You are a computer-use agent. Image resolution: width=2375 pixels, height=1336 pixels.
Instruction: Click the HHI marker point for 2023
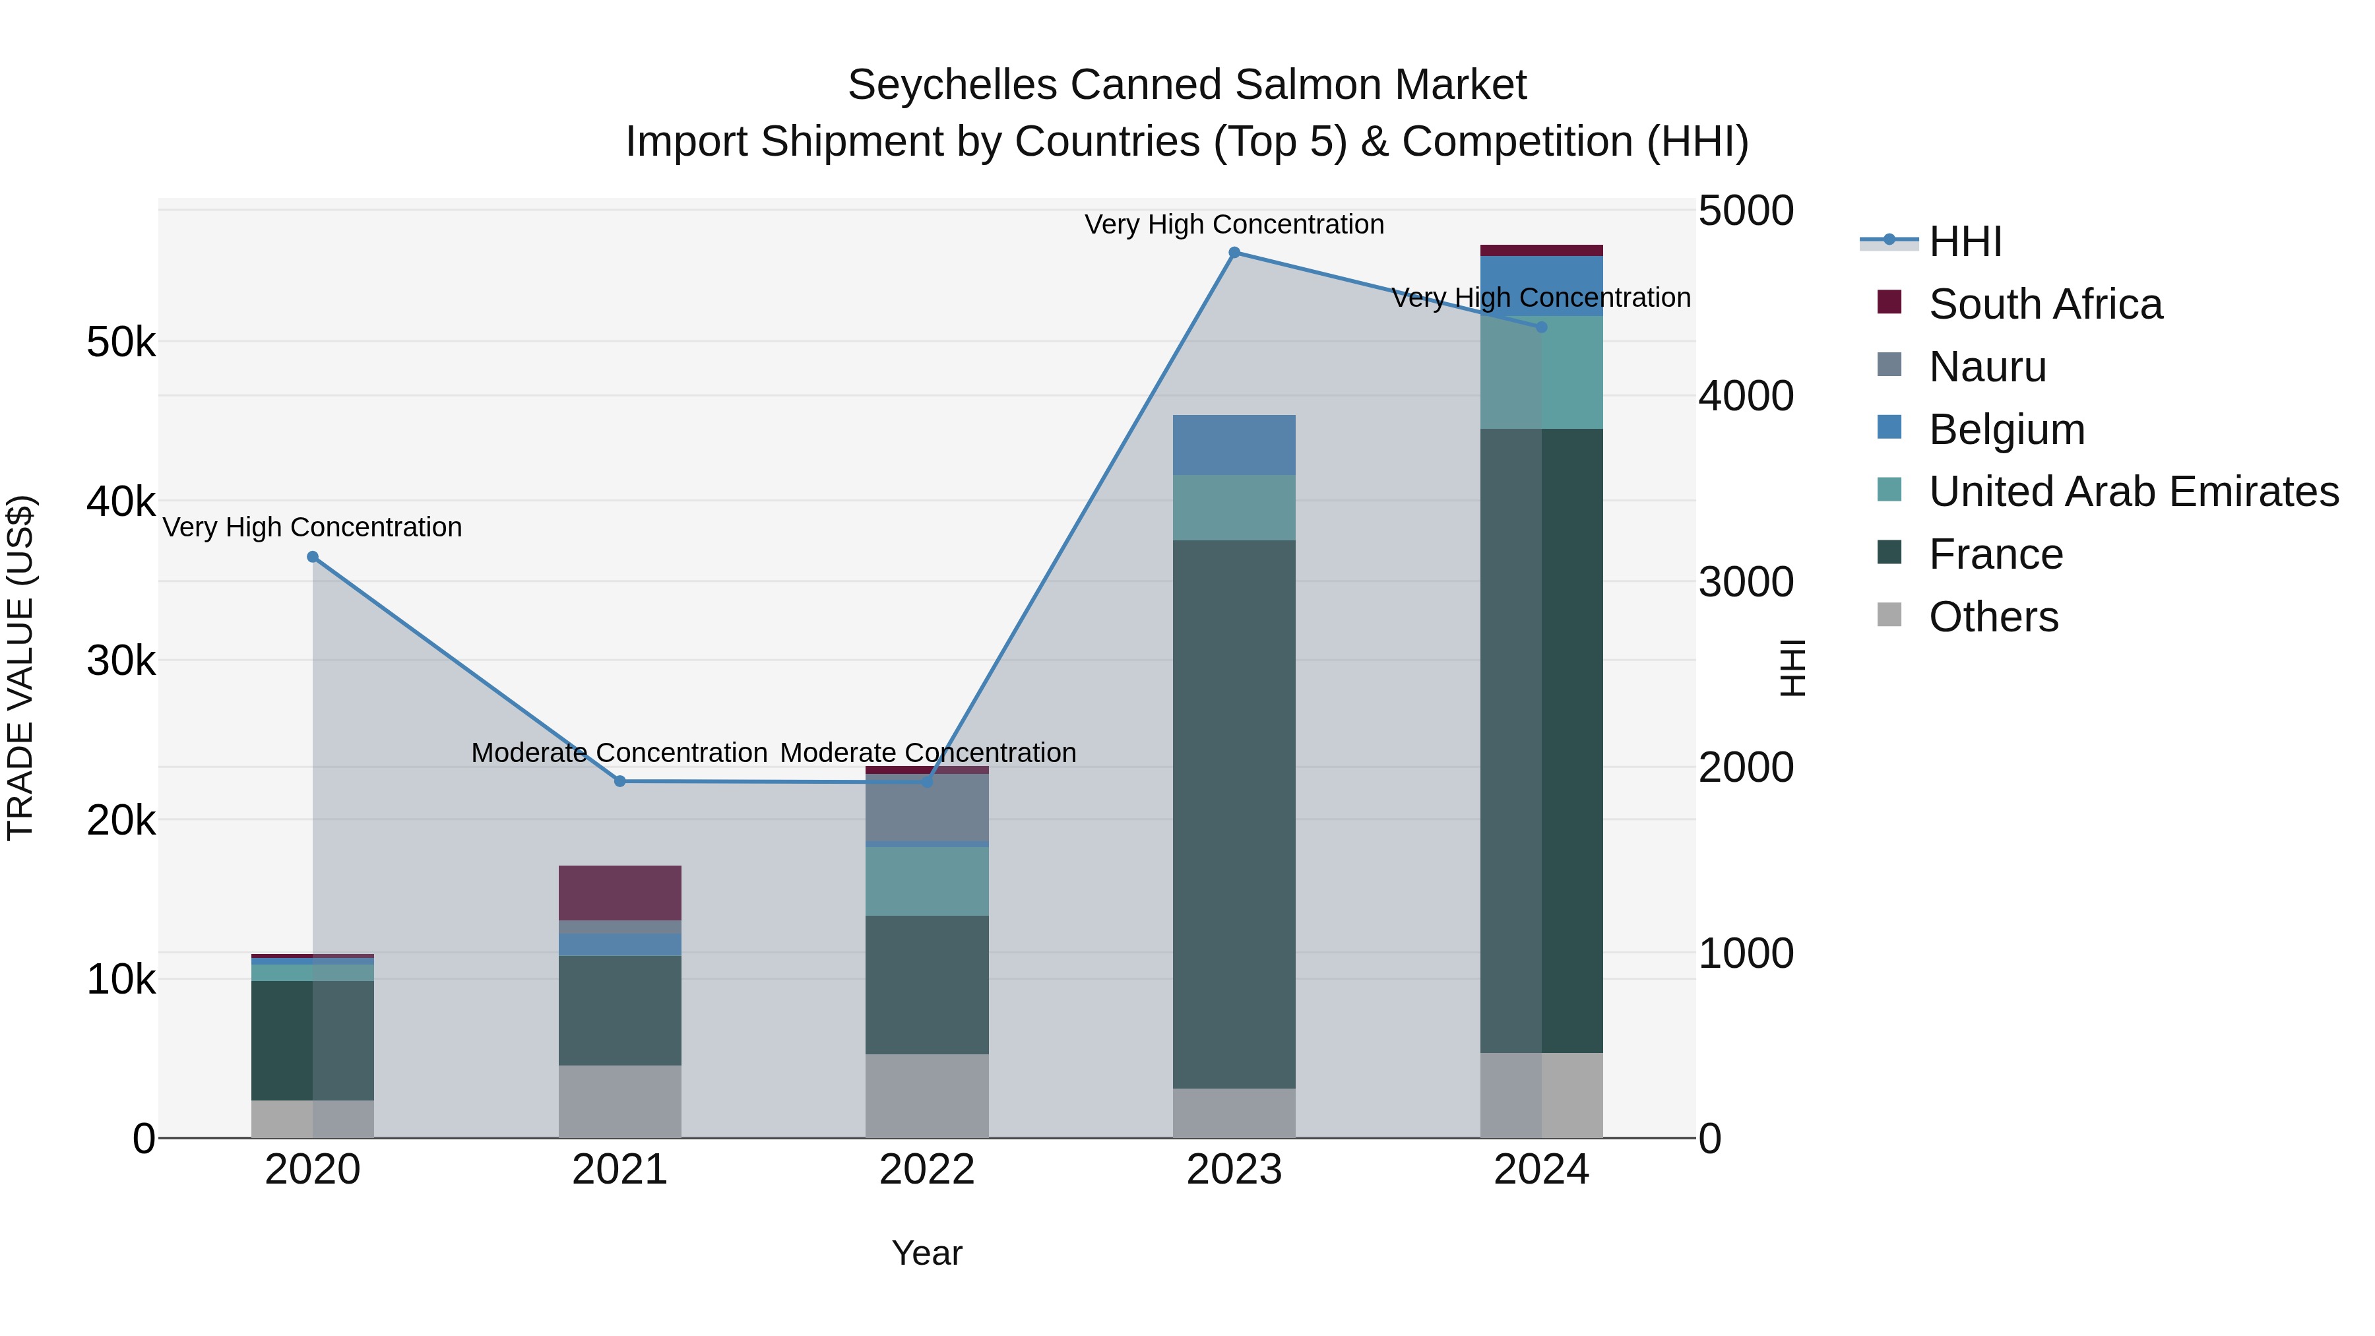[1234, 253]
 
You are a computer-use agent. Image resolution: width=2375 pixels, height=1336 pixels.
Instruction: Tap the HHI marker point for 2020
[313, 557]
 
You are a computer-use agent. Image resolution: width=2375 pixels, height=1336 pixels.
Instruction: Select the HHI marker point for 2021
[619, 781]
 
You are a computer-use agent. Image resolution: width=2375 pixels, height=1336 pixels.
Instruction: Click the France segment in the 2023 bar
[1234, 813]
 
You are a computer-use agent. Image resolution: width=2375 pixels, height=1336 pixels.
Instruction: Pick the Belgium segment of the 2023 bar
[1234, 445]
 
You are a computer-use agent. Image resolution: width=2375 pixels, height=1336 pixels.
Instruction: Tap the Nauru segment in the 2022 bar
[927, 807]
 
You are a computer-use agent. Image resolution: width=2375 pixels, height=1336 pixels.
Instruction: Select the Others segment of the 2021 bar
[619, 1101]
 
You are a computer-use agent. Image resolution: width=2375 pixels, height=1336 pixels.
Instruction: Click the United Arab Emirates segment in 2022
[927, 881]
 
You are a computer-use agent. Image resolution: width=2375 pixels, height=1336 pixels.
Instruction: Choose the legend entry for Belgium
[2006, 429]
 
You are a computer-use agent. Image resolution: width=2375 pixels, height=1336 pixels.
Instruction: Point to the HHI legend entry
[1964, 241]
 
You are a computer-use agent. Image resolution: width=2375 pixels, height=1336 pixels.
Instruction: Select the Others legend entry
[1992, 617]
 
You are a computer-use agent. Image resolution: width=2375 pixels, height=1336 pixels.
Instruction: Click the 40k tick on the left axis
[121, 503]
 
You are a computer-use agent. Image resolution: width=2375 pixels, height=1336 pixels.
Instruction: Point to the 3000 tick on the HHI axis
[1745, 582]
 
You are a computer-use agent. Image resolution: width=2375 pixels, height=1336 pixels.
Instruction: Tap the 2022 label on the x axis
[927, 1170]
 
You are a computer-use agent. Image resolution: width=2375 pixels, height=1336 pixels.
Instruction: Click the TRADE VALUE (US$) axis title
[21, 668]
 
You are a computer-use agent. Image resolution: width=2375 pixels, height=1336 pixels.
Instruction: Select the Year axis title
[927, 1253]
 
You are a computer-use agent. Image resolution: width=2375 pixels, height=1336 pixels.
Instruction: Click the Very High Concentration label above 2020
[313, 527]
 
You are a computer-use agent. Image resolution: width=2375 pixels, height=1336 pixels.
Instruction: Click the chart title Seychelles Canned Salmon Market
[1187, 85]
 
